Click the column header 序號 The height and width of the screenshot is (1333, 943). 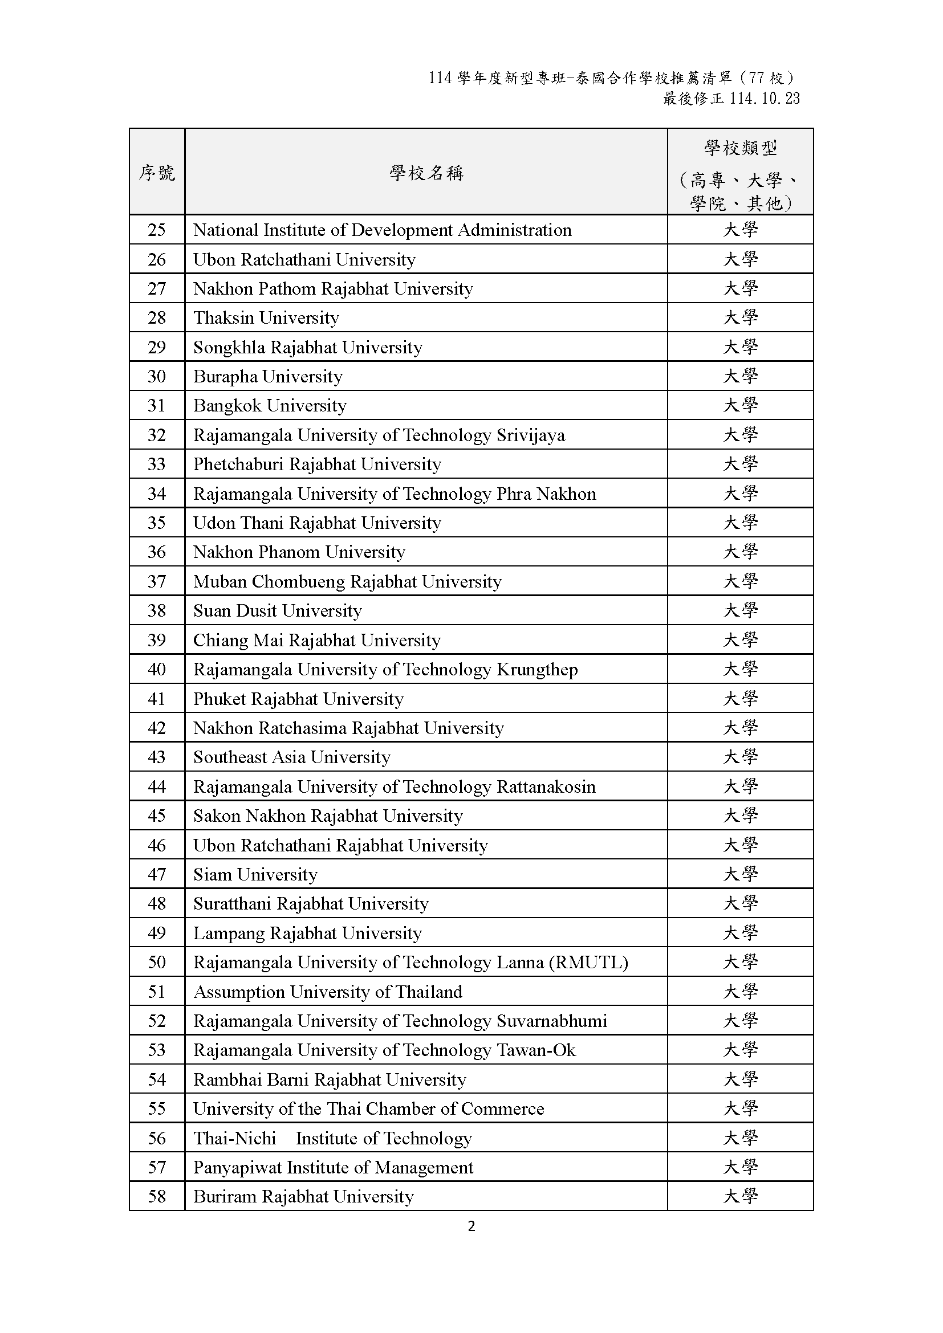157,173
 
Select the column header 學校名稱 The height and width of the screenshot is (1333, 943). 426,173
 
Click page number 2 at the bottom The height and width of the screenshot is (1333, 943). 471,1226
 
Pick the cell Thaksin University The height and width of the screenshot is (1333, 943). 266,317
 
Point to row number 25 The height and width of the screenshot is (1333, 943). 157,230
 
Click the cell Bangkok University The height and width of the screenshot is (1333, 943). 270,405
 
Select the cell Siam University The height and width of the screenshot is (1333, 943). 255,874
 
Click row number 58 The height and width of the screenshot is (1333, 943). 157,1197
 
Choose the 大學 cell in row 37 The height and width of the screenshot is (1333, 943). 741,581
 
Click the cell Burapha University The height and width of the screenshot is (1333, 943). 268,376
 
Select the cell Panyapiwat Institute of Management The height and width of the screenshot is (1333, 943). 334,1168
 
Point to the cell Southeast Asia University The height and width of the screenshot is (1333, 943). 291,757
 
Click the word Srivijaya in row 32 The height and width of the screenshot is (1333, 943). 530,435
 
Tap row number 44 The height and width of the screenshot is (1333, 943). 157,786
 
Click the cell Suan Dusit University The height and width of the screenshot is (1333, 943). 278,611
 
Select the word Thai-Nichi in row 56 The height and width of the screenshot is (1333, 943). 234,1139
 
